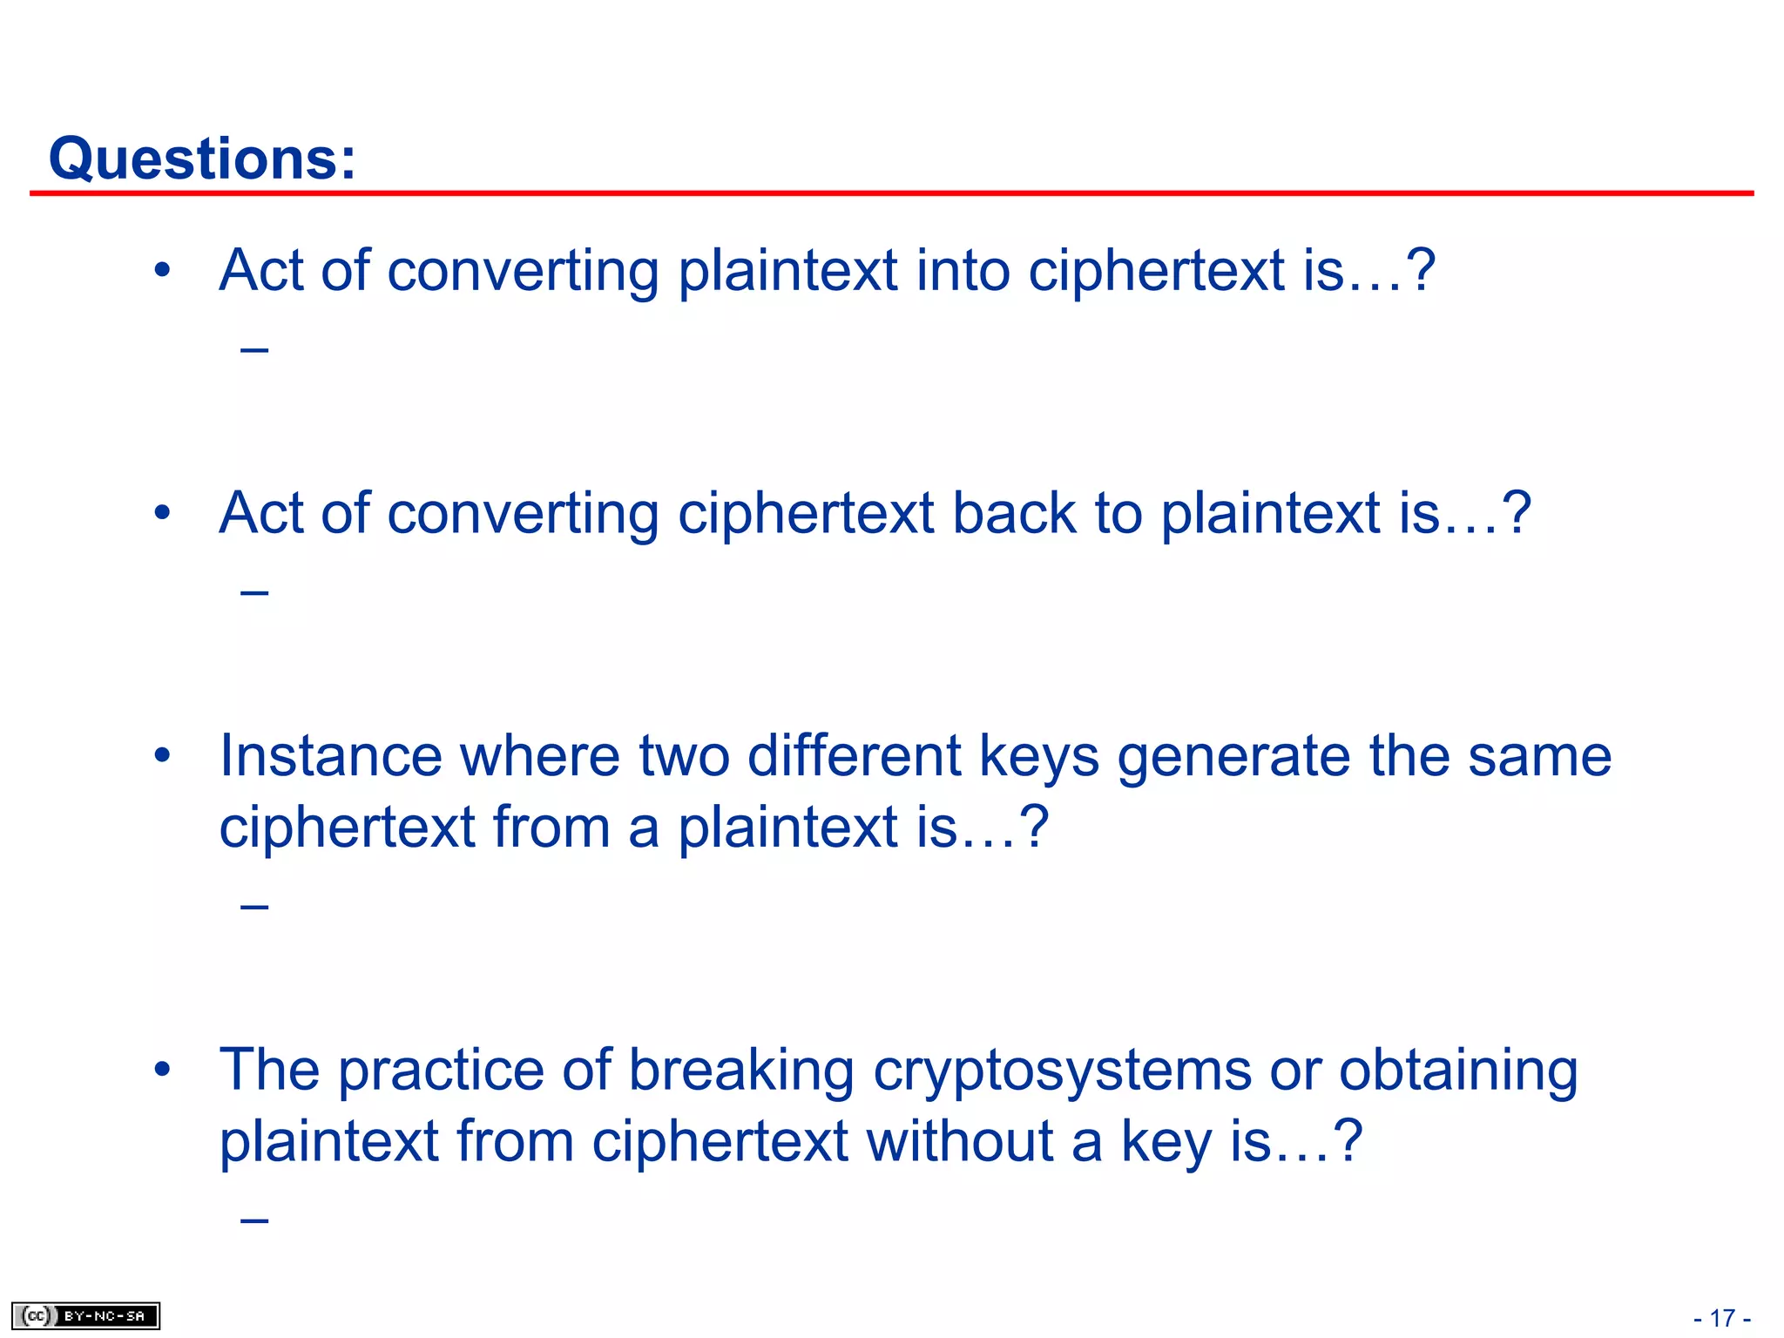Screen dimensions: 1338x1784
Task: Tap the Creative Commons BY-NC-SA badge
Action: point(85,1315)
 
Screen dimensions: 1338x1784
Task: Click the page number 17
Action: point(1722,1318)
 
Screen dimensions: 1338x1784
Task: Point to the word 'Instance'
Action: point(330,755)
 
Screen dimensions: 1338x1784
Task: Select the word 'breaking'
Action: point(741,1071)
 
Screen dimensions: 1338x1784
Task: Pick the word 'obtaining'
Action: point(1458,1071)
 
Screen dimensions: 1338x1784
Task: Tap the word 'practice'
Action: point(441,1071)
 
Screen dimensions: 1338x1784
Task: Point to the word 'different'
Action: point(854,755)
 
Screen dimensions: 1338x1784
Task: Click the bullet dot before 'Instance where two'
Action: point(162,755)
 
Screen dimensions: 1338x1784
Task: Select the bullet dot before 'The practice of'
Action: point(162,1070)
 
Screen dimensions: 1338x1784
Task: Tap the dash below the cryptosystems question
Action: point(254,1220)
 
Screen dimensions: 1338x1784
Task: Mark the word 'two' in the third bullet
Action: point(684,755)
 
